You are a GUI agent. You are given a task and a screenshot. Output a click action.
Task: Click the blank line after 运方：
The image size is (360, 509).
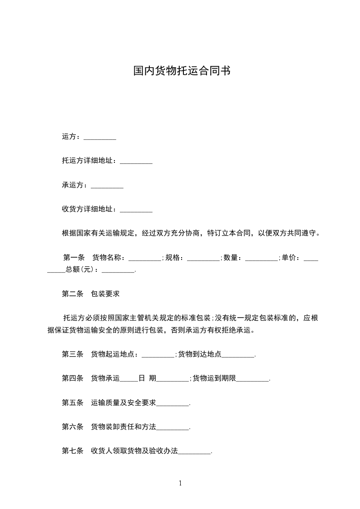pos(100,137)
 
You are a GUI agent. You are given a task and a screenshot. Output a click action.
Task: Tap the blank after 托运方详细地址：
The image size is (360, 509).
pos(136,161)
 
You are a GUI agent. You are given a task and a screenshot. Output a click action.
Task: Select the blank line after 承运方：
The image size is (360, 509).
pos(107,186)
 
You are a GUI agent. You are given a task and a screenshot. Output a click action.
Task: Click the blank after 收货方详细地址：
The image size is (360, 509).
pos(136,210)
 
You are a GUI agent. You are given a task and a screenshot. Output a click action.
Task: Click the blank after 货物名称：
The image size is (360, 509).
pos(145,259)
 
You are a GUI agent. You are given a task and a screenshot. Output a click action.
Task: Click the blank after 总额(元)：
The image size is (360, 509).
pos(118,270)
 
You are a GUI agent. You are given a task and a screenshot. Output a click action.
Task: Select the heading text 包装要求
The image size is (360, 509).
pos(105,294)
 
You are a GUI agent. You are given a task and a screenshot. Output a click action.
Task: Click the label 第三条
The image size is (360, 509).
pos(73,354)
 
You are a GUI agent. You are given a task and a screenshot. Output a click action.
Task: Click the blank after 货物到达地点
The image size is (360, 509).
pos(238,355)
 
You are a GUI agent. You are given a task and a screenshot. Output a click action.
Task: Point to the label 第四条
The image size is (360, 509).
pos(73,378)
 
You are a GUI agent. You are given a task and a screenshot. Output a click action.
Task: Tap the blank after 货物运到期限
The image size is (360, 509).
pos(253,379)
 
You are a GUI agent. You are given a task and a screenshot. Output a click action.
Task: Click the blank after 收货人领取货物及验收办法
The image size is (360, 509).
pos(195,452)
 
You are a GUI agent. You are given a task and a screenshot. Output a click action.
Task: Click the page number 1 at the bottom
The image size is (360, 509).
pos(180,484)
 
